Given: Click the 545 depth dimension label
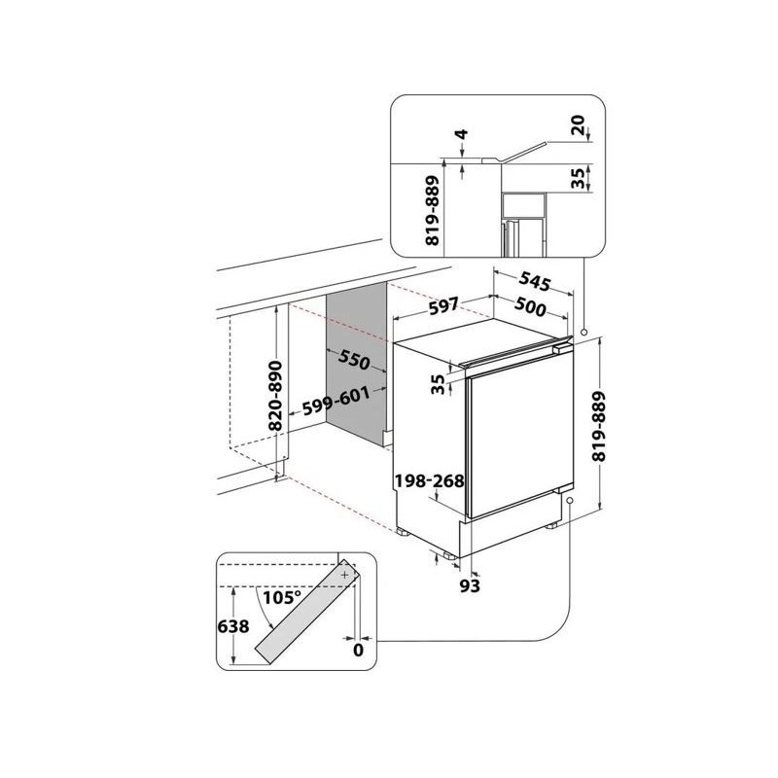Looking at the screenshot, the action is pos(534,282).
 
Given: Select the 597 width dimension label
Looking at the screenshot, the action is pos(443,306).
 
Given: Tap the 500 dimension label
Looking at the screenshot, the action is pos(530,306).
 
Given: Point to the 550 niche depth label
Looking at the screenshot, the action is pos(355,360).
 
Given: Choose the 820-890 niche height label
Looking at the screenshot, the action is pos(274,396).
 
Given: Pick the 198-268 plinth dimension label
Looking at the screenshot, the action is pos(429,480).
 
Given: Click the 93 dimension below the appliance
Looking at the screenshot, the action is pos(470,586).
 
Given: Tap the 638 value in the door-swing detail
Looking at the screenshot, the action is pos(233,626).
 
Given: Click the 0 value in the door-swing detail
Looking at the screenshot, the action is pos(358,650).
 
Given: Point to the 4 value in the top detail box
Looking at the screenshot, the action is pos(462,134).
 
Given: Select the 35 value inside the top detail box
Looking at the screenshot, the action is pos(578,180).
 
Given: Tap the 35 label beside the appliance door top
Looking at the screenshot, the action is pos(438,384).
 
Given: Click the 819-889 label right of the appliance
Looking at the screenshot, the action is pos(599,427).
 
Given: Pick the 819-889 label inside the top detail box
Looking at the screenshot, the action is pos(433,210).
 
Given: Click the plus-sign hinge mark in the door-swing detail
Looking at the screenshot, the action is pos(345,575).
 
